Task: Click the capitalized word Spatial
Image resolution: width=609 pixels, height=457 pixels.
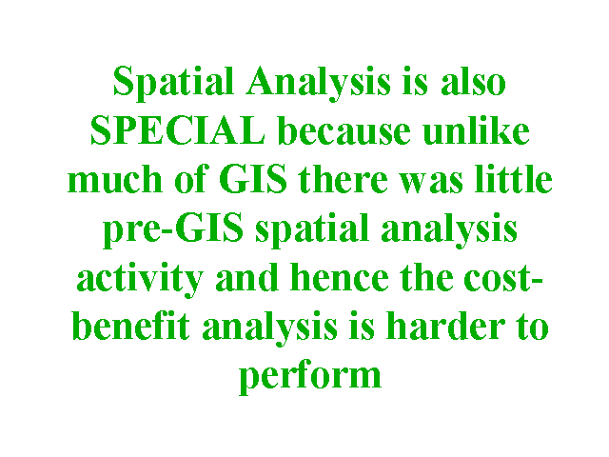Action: [173, 83]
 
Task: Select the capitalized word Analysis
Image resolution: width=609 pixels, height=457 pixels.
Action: [319, 83]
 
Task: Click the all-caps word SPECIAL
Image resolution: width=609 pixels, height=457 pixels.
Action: [178, 130]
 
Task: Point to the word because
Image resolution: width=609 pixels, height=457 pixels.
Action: [344, 130]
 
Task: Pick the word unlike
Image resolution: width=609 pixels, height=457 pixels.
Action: [476, 130]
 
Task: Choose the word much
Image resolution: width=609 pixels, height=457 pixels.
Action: [115, 178]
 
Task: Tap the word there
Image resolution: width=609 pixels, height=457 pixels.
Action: [344, 178]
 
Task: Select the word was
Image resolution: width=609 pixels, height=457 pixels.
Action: [431, 182]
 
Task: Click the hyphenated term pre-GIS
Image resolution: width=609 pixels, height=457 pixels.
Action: [173, 230]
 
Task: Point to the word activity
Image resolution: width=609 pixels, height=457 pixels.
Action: [140, 279]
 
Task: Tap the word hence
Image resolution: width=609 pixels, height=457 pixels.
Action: [340, 277]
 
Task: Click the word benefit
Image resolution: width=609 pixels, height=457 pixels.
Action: [131, 326]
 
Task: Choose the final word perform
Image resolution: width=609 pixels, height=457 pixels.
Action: [310, 376]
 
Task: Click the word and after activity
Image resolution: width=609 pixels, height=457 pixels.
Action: [246, 277]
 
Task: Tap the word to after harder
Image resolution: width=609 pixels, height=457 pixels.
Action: [533, 328]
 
